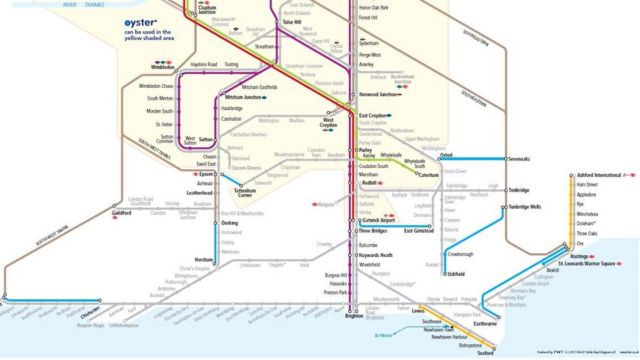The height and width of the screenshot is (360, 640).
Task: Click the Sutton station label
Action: click(208, 140)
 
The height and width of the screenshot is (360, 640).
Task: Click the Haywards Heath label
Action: click(376, 256)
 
